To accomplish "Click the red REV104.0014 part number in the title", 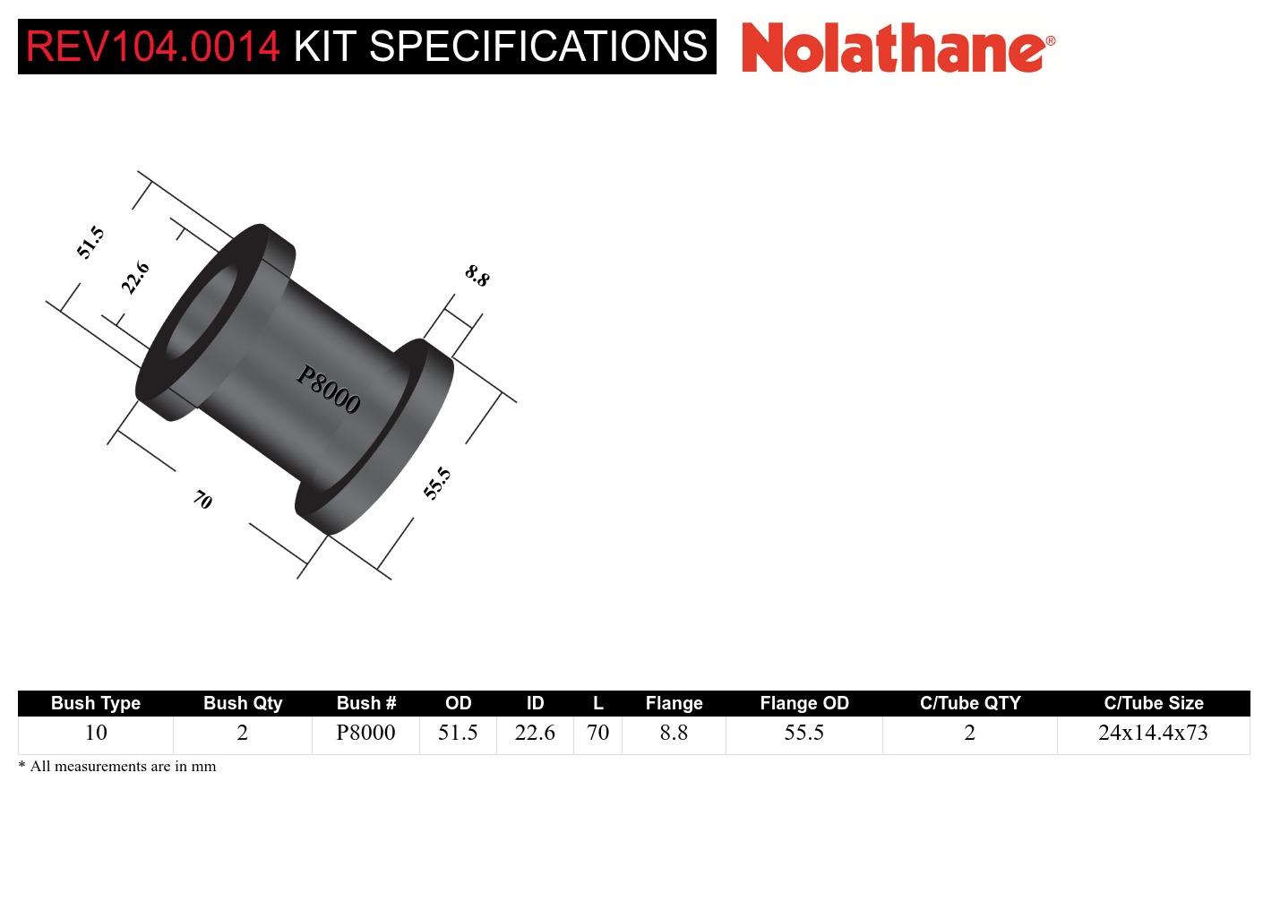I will [153, 47].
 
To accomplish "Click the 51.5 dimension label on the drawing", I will [90, 243].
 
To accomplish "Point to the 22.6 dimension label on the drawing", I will [135, 278].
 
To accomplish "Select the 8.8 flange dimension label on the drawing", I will [477, 275].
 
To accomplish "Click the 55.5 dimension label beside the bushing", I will [437, 483].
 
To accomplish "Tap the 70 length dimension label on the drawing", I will [203, 500].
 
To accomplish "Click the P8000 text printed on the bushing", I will [329, 391].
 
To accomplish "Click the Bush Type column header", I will [96, 703].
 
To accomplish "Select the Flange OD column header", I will [804, 703].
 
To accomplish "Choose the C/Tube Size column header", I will [1153, 703].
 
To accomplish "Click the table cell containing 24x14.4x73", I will [1153, 733].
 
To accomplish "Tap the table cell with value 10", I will [96, 733].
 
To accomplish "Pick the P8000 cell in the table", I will [365, 733].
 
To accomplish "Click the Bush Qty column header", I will [243, 703].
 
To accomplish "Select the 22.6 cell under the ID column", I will [535, 733].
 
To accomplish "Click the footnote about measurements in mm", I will [117, 767].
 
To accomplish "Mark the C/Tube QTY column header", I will [970, 703].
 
